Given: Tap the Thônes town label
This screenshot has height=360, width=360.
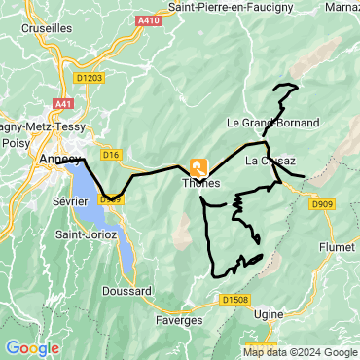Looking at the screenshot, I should [201, 183].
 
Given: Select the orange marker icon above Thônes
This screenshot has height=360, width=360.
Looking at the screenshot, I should [199, 166].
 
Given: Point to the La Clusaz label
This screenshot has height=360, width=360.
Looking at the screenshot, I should [270, 161].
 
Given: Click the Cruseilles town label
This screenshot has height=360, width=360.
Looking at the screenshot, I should [47, 29].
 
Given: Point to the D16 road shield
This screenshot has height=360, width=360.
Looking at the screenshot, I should [110, 154].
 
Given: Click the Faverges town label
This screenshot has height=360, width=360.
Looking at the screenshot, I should [178, 319].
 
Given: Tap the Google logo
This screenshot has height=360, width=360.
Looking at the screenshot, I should [32, 347].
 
